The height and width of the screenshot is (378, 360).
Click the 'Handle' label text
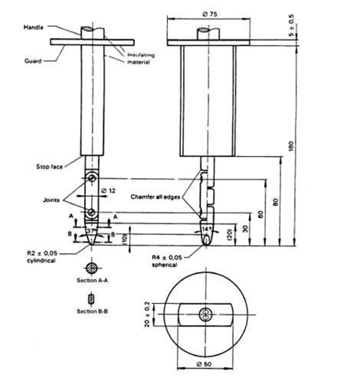point(33,27)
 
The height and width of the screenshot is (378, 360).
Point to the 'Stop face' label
point(49,167)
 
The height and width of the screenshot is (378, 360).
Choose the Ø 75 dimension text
point(210,14)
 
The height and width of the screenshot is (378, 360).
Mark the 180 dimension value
point(291,146)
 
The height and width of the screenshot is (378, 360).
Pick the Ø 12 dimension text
point(108,191)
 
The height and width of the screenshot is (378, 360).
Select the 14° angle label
point(206,229)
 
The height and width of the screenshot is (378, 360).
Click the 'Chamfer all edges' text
point(155,197)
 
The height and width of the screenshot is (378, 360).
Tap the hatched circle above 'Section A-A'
point(92,268)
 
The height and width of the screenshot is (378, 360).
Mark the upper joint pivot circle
point(92,178)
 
